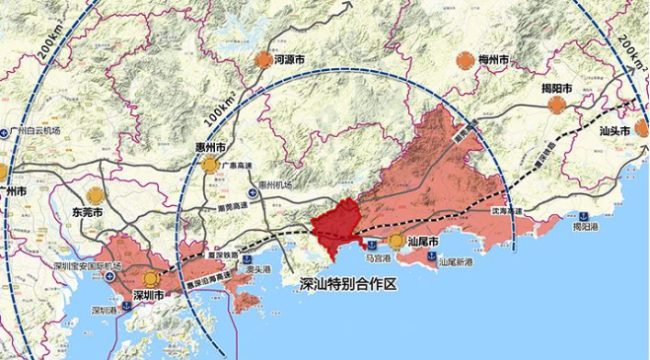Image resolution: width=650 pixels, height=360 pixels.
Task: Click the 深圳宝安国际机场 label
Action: (x=89, y=266)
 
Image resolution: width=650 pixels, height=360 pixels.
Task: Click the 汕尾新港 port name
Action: (x=455, y=263)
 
